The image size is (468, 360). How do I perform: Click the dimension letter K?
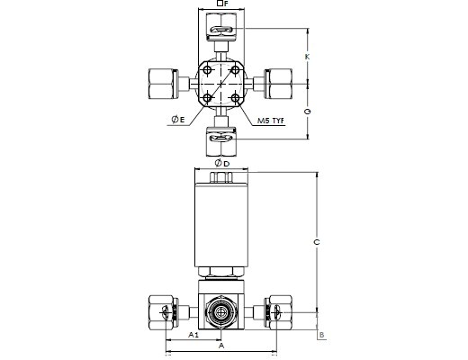pos(307,57)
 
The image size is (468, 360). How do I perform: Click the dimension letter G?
pos(307,112)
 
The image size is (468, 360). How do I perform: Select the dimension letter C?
pos(317,242)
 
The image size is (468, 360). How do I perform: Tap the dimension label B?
pos(321,335)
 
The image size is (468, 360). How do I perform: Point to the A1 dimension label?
pos(193,335)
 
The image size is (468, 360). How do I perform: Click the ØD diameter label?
pos(222,163)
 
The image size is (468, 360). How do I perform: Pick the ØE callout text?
pos(178,120)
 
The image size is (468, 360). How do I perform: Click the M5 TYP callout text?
pos(271,121)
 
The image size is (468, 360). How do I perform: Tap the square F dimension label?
pos(222,4)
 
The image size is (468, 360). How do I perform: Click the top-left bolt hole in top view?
pos(207,70)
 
